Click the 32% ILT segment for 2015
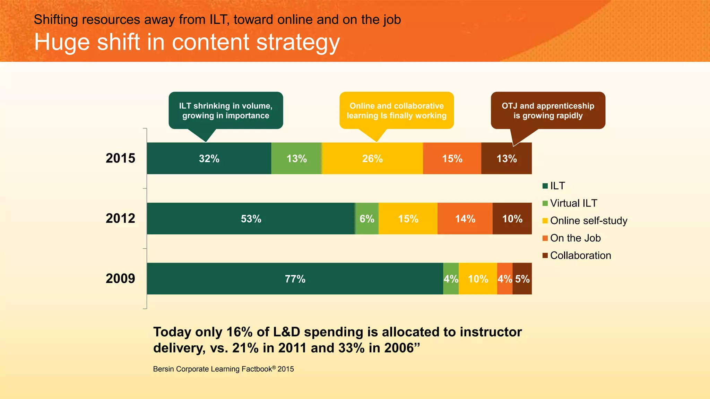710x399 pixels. coord(209,158)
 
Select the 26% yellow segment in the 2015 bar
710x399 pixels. coord(372,158)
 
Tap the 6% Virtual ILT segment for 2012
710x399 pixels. coord(367,219)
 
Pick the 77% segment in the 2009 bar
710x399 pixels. coord(295,279)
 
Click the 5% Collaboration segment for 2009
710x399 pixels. coord(522,279)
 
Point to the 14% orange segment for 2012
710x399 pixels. coord(465,219)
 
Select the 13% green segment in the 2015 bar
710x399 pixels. coord(296,158)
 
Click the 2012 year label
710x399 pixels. coord(120,219)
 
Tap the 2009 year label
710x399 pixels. coord(120,278)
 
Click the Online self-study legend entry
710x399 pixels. coord(588,221)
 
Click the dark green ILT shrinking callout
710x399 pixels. coord(226,110)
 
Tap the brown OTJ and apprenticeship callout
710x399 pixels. coord(548,110)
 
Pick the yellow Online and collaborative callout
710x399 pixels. coord(397,110)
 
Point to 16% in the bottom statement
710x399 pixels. coord(239,332)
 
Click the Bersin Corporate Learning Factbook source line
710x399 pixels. coord(223,369)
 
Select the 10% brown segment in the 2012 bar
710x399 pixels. coord(512,219)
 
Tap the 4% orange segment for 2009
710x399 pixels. coord(504,279)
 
